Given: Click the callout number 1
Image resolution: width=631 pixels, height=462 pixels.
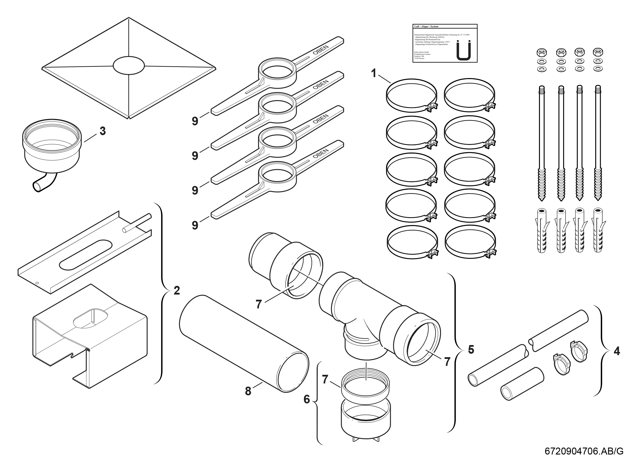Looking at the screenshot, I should coord(373,74).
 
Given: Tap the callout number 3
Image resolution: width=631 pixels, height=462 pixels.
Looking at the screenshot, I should coord(102,131).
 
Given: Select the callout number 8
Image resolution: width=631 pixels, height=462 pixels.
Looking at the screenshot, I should coord(248,391).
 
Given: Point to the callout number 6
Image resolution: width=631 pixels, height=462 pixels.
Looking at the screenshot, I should coord(307,399).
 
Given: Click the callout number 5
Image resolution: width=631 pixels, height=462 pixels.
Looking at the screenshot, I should coord(471,350).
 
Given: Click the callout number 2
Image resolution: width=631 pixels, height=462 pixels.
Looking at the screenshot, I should coord(176,290).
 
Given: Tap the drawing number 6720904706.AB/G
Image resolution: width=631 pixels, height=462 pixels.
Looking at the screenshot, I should coord(584,451).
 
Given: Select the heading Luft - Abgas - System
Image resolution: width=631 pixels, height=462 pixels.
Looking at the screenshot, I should coord(426,27).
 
